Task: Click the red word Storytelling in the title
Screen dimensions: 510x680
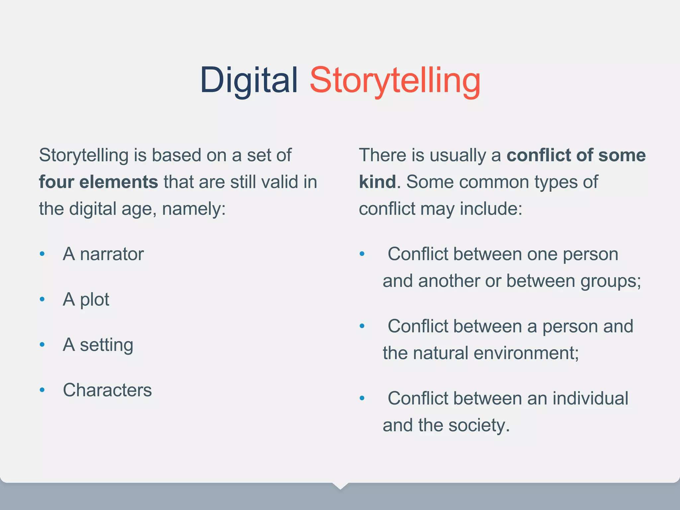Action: click(395, 81)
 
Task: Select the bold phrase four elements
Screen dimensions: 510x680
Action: click(98, 182)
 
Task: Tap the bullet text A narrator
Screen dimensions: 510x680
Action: click(103, 254)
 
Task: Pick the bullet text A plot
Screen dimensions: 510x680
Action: click(86, 299)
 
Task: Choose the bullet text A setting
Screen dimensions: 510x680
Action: click(98, 345)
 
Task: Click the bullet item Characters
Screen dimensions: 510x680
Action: click(107, 390)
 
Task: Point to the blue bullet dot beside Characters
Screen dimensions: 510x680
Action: click(42, 390)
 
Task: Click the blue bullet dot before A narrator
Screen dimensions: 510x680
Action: click(42, 254)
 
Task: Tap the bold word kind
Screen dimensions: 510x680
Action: click(377, 182)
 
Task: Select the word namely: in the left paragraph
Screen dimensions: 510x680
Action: click(194, 209)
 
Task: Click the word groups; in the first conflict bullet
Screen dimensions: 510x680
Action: click(611, 281)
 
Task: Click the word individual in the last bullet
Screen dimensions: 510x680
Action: click(590, 398)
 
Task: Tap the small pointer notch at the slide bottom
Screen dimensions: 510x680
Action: click(340, 486)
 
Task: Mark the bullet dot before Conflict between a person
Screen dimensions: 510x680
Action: click(362, 326)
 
